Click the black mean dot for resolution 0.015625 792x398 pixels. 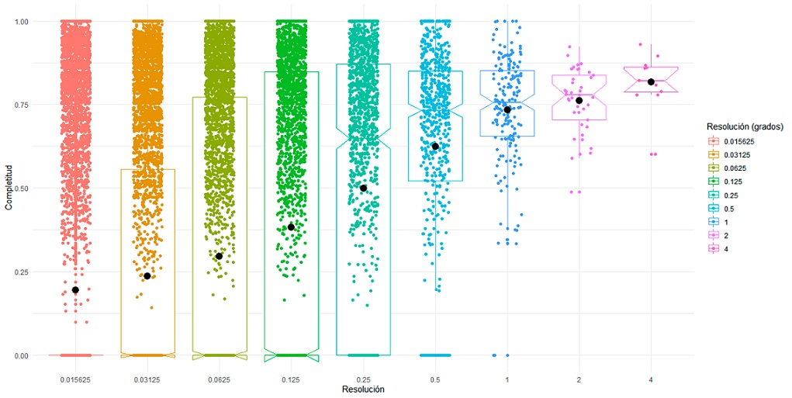[x=75, y=289]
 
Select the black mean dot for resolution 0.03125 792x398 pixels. [x=147, y=276]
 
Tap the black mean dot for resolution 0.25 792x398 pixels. [x=363, y=188]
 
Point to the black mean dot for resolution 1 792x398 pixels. [x=507, y=109]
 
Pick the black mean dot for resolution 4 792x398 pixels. [x=651, y=81]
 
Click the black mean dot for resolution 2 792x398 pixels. [x=579, y=100]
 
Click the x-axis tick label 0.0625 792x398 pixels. [x=220, y=379]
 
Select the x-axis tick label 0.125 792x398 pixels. [x=291, y=379]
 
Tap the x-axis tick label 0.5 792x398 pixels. [x=435, y=379]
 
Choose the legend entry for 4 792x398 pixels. [x=725, y=250]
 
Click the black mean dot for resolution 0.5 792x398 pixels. [x=435, y=146]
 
